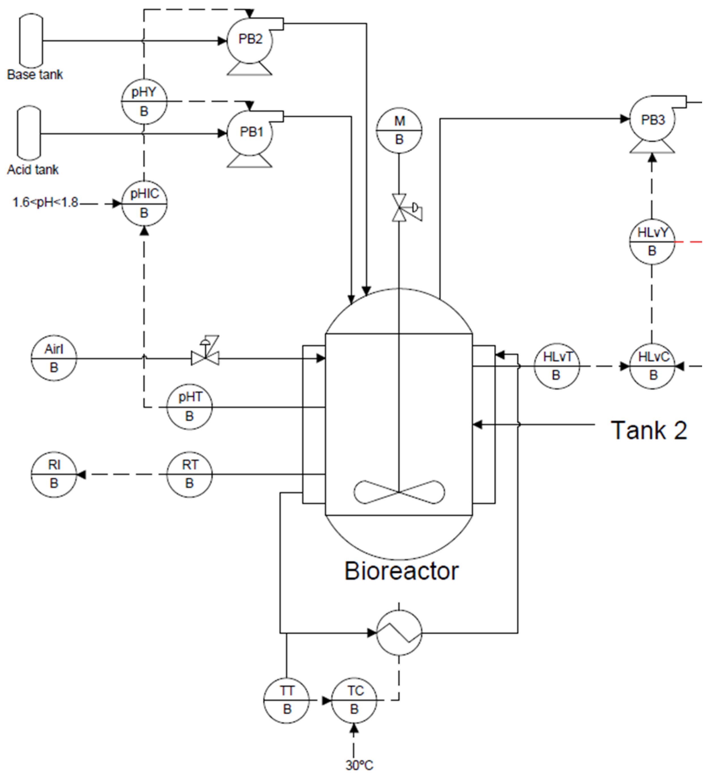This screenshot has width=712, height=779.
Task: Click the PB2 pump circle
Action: click(x=250, y=40)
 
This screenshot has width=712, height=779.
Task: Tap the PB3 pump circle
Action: click(x=653, y=120)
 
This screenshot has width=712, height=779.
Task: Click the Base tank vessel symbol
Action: click(x=31, y=40)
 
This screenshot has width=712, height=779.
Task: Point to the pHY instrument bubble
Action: click(x=144, y=102)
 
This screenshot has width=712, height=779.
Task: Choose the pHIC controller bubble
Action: click(x=144, y=203)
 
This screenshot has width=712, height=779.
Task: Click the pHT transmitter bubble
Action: click(x=189, y=407)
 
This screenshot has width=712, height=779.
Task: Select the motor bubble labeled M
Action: click(x=399, y=131)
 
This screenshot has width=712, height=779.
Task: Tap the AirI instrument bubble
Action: click(x=54, y=358)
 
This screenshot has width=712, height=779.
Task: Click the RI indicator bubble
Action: click(x=54, y=474)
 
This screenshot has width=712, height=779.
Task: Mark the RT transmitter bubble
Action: click(x=189, y=474)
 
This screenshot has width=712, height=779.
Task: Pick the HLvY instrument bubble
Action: click(x=652, y=242)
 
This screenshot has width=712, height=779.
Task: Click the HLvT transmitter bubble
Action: click(x=557, y=366)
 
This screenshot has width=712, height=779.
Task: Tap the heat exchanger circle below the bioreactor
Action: click(x=399, y=633)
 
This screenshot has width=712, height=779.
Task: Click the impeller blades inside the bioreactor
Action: click(x=399, y=492)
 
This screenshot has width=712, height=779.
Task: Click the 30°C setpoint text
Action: click(x=359, y=765)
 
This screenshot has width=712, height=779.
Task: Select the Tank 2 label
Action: click(x=649, y=430)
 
